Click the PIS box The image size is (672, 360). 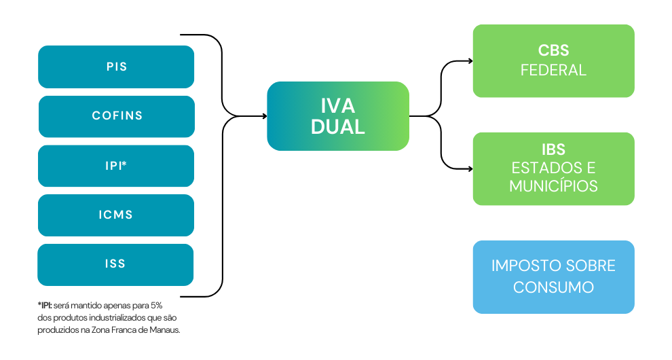pos(116,67)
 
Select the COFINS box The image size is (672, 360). pos(117,116)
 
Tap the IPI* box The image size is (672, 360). pos(116,166)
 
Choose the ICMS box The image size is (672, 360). pos(116,215)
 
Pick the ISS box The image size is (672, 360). pos(116,264)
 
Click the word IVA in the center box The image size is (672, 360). pos(338,106)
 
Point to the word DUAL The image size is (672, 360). pos(338,127)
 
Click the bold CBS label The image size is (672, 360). pos(553,51)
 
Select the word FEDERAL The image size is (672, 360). pos(553,70)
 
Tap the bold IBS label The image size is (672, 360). pos(553,149)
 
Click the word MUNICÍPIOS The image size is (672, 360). pos(553,186)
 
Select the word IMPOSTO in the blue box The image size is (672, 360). pos(524,266)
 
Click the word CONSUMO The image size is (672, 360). pos(553,287)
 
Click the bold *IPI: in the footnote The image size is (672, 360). pos(48,306)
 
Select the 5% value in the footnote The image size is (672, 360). pos(155,306)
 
